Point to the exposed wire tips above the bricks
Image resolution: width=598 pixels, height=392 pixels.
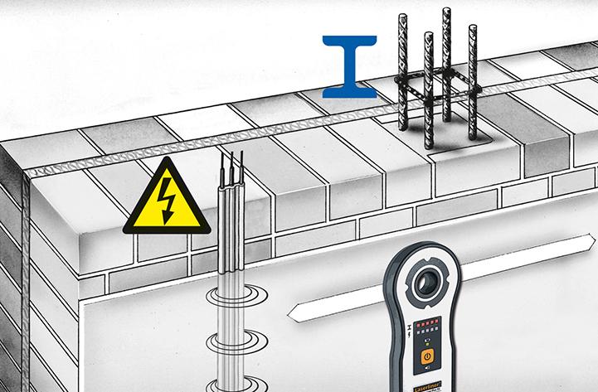pyautogui.click(x=231, y=161)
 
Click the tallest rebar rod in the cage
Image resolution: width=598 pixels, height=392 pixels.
pyautogui.click(x=446, y=33)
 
